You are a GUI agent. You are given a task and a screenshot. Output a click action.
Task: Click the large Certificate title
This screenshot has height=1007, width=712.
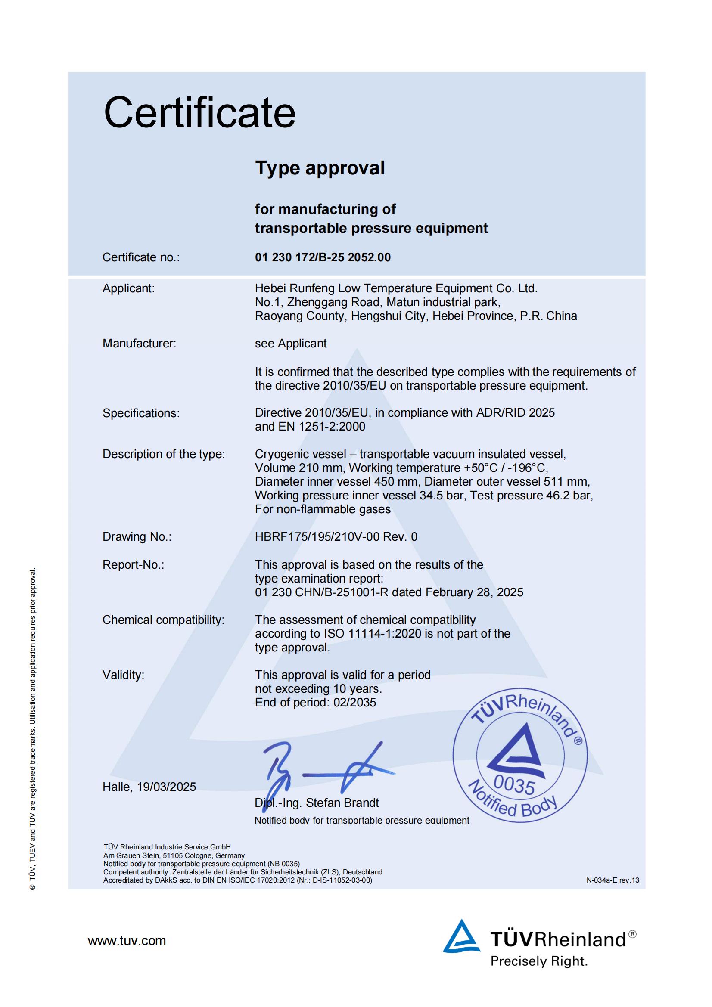pos(199,113)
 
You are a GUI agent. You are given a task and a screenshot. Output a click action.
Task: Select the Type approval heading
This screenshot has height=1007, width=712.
pos(320,168)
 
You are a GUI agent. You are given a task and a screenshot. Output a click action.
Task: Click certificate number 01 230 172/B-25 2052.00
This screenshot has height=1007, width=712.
pos(323,257)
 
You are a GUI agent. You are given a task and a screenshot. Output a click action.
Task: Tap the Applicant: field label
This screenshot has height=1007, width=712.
pos(128,288)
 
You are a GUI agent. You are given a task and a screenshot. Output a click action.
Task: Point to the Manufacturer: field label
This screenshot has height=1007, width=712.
pos(139,343)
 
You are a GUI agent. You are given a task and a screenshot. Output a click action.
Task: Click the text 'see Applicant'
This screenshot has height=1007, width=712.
pos(290,343)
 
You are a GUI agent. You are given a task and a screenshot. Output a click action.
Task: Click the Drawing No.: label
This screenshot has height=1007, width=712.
pos(137,536)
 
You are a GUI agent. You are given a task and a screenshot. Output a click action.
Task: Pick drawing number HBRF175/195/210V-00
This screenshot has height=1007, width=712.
pos(317,536)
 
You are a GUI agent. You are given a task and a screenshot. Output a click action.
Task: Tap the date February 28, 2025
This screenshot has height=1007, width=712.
pos(474,592)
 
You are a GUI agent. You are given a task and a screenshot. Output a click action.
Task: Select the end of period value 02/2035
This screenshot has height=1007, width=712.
pos(354,702)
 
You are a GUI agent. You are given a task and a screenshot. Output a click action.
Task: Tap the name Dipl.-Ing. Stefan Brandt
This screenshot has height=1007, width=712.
pos(316,803)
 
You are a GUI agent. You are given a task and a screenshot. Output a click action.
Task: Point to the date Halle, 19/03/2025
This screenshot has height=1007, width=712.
pos(149,787)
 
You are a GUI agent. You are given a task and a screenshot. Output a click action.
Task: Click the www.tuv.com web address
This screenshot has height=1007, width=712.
pos(127,940)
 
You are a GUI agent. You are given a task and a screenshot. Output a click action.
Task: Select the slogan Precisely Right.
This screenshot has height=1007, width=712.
pos(539,961)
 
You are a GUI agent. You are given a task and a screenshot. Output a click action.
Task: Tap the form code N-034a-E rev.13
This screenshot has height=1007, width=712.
pos(613,880)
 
